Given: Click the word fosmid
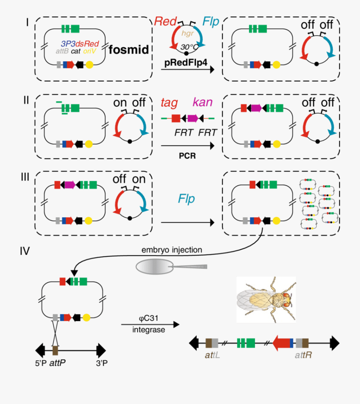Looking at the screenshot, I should [129, 50].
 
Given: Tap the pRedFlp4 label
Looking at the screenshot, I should [188, 62].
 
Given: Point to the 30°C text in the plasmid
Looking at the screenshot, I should [188, 47].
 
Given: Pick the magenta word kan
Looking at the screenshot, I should [202, 103].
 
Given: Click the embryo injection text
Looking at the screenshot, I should [172, 250].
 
